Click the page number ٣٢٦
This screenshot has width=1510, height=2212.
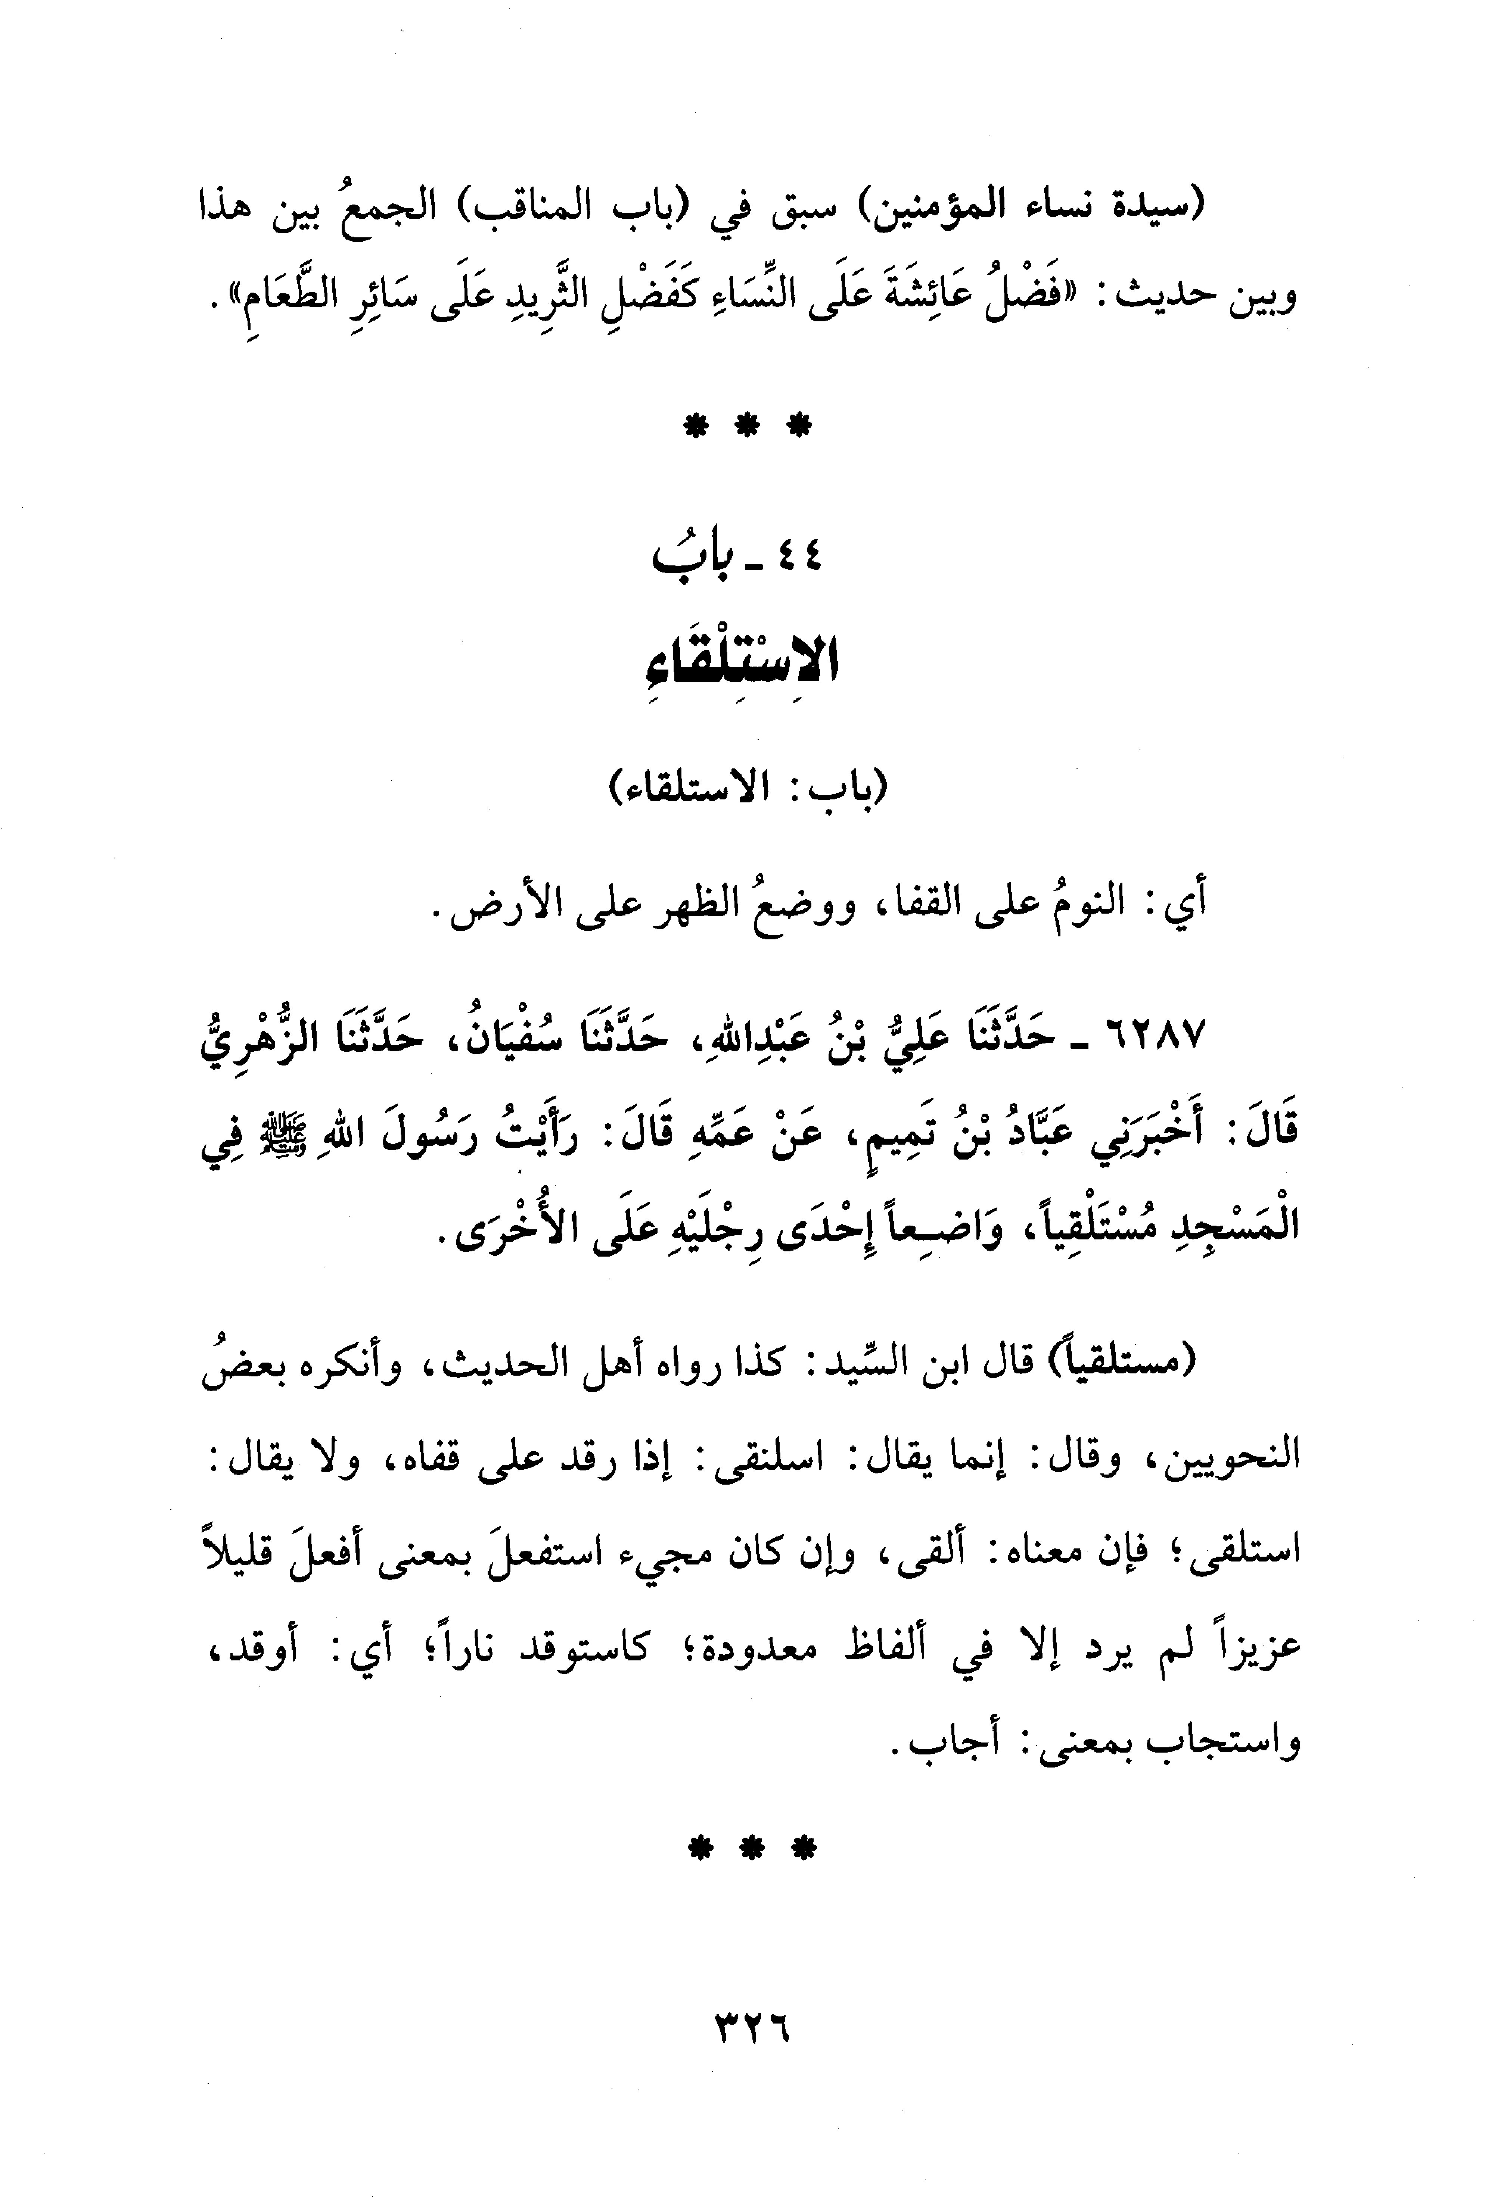pyautogui.click(x=752, y=2040)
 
